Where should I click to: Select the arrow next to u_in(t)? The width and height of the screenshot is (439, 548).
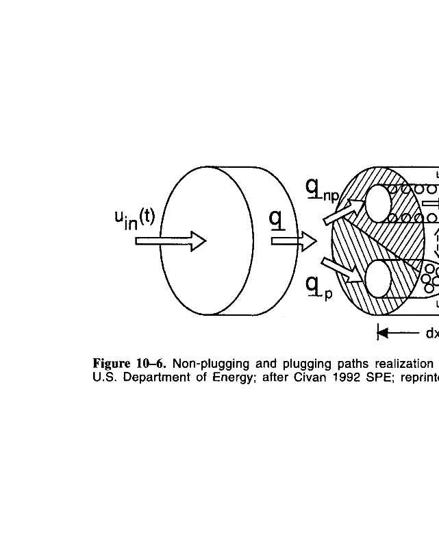pos(171,241)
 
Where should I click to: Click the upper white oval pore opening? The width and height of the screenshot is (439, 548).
pos(378,203)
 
